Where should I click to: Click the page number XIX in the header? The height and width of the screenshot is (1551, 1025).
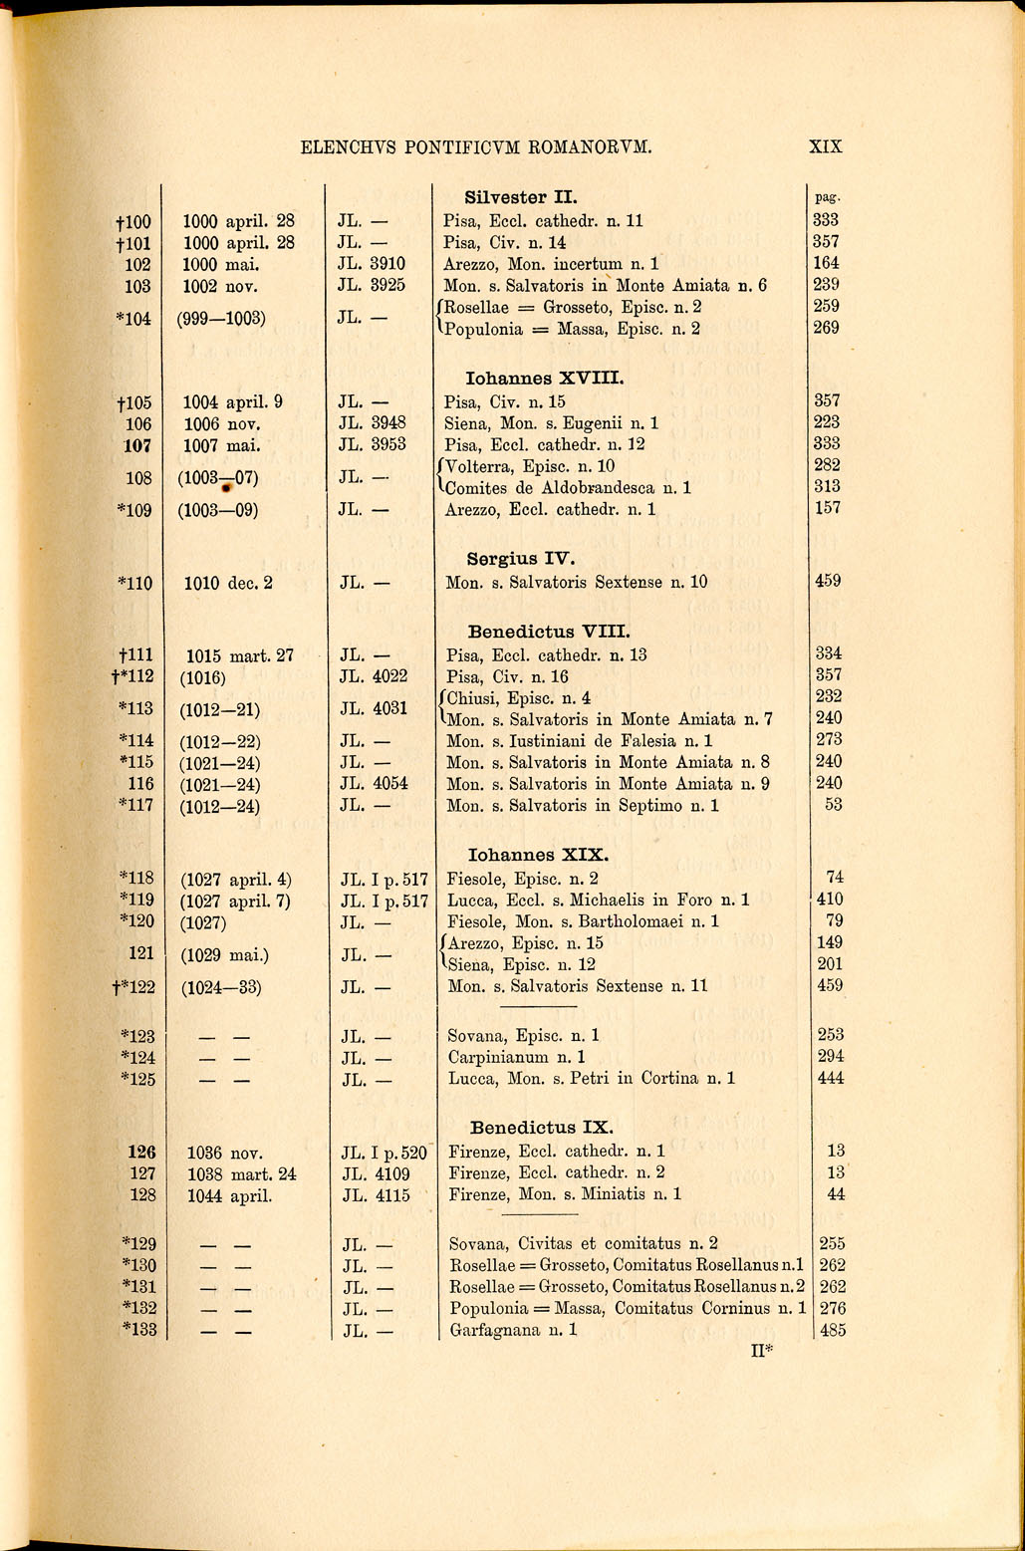click(x=826, y=146)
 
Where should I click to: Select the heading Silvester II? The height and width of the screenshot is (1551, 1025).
click(x=522, y=197)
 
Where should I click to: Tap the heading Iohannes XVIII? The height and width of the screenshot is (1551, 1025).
click(x=545, y=379)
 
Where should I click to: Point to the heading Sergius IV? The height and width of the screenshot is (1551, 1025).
click(x=522, y=558)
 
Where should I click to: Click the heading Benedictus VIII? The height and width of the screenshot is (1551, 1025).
click(x=549, y=631)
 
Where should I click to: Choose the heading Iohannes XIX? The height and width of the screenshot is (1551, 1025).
click(x=538, y=855)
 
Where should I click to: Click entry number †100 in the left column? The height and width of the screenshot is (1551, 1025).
click(x=131, y=221)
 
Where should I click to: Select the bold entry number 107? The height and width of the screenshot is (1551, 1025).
click(x=136, y=445)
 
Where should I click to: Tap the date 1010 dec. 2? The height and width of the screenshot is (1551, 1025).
click(x=229, y=583)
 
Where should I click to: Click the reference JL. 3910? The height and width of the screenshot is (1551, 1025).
click(x=373, y=265)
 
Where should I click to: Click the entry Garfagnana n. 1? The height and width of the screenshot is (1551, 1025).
click(x=513, y=1330)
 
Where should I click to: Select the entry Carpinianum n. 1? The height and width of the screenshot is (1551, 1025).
click(x=516, y=1057)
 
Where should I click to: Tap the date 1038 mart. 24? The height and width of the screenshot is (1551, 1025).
click(x=241, y=1174)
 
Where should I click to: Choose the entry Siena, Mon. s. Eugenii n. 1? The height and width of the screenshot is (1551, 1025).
click(x=551, y=423)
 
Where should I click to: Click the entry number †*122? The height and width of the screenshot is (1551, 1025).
click(x=133, y=987)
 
